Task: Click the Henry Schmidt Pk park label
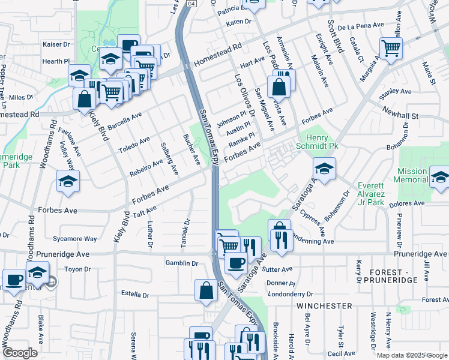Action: [318, 142]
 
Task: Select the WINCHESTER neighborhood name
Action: [324, 306]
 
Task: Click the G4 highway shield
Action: [191, 4]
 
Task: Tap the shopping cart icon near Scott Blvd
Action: [391, 47]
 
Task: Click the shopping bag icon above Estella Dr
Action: [206, 290]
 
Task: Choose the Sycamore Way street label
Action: [75, 239]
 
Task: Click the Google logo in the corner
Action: [19, 353]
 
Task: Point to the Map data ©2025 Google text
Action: [411, 355]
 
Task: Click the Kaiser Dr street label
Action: [56, 44]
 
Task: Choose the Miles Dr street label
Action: [21, 97]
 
